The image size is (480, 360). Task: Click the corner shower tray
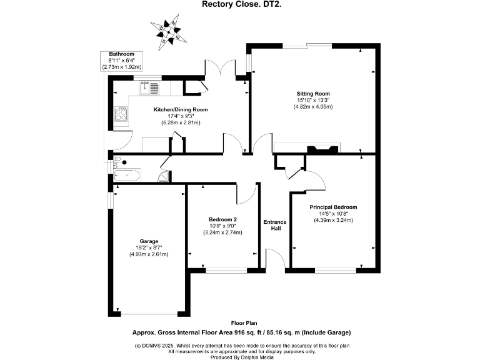point(163,177)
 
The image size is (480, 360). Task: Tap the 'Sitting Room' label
point(313,93)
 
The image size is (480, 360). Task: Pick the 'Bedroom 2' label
point(222,219)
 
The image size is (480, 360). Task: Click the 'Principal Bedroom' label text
point(333,207)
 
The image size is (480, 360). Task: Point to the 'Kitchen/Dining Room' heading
point(181,109)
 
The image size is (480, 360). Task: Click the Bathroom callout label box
point(122,61)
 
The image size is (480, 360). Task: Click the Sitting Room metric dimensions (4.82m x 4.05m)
point(313,107)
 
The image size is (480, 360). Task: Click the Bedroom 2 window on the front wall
point(226,270)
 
